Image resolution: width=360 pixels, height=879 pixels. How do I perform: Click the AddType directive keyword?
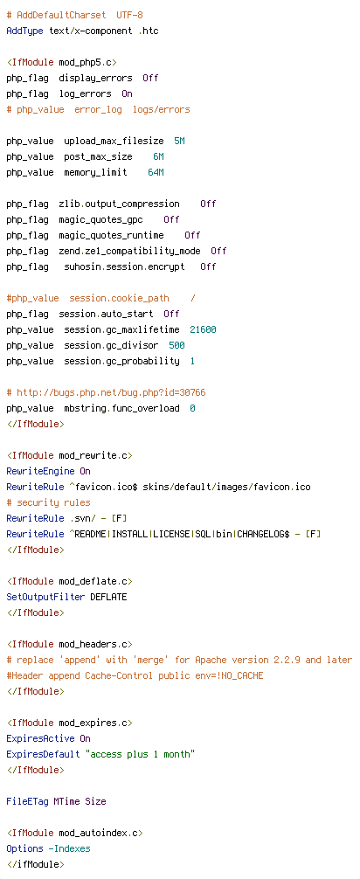pos(24,31)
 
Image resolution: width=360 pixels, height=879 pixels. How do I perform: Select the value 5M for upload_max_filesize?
pos(179,141)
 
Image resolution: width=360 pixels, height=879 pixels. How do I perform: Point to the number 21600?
pos(203,329)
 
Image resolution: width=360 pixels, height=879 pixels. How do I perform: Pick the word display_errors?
pos(95,78)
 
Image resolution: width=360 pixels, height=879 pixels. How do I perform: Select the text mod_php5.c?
pos(87,62)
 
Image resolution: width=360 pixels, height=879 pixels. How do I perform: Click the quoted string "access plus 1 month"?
pos(140,754)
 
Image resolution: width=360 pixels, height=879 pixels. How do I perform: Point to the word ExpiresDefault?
pos(43,754)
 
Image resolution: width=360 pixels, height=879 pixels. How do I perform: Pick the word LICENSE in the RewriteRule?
pos(171,534)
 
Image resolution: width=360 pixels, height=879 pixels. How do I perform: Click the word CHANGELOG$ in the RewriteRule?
pos(263,534)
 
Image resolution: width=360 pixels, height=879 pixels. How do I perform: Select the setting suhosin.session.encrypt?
pos(124,266)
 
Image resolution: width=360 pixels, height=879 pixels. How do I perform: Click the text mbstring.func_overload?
pos(121,407)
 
